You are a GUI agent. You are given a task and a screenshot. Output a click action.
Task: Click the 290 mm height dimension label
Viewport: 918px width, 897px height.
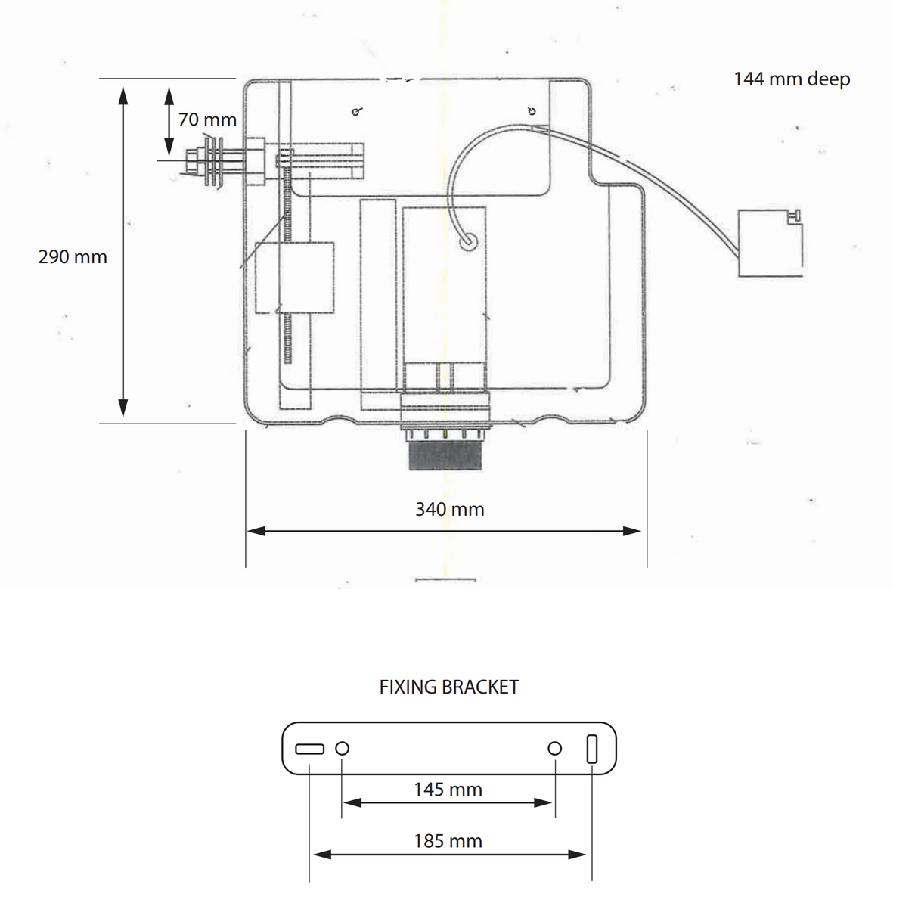point(73,257)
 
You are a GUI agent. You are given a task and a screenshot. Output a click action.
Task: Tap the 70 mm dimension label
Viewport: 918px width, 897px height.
point(207,119)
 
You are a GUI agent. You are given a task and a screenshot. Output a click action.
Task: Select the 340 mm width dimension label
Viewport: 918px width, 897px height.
point(450,510)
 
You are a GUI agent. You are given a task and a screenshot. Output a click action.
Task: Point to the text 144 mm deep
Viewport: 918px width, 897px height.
point(792,79)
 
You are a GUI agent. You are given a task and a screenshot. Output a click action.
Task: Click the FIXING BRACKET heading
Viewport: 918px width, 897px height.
point(448,687)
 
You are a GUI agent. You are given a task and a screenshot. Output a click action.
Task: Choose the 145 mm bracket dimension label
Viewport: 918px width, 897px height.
point(448,790)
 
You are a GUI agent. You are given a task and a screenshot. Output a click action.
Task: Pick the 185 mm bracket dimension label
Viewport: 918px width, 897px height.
point(448,841)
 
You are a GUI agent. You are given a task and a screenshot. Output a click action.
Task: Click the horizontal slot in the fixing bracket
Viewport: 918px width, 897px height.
point(309,749)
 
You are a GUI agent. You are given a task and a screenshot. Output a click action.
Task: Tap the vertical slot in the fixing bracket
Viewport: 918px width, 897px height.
point(591,748)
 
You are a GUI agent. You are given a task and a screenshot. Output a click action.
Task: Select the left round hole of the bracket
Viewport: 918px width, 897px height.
point(342,748)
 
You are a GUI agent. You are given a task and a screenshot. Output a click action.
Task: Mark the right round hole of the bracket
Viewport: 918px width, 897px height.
point(555,748)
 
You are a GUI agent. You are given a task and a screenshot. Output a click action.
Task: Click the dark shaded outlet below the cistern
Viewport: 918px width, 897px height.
point(445,455)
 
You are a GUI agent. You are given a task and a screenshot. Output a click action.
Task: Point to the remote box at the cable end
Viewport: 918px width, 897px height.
point(770,243)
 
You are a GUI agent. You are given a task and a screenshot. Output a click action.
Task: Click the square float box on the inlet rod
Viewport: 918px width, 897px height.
point(294,278)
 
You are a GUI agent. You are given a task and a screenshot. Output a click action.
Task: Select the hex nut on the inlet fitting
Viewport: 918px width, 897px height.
point(193,160)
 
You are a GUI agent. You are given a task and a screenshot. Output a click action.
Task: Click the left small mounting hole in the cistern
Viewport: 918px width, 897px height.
point(357,111)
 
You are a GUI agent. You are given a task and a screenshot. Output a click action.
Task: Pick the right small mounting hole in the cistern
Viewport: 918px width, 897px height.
point(532,111)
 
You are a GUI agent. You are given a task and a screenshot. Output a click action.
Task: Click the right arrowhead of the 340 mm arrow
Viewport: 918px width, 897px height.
point(631,531)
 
